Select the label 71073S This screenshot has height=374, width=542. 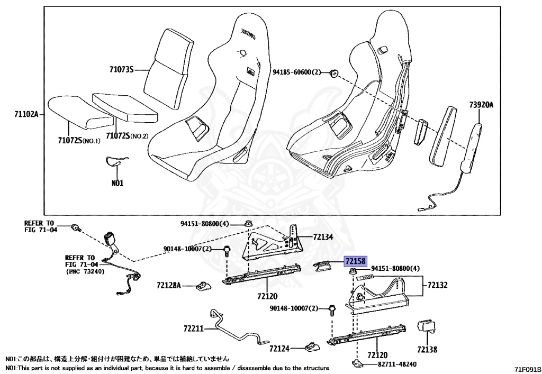click(x=122, y=69)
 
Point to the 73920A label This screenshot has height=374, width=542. click(x=480, y=105)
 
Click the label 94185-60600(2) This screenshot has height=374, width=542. click(x=297, y=72)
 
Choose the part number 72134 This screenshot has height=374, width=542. click(x=323, y=238)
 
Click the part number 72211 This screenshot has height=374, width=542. click(x=194, y=329)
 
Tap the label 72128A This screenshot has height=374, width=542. click(x=169, y=286)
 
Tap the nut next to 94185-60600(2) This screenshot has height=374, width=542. click(x=334, y=73)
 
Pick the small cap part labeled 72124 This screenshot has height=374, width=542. click(x=311, y=347)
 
